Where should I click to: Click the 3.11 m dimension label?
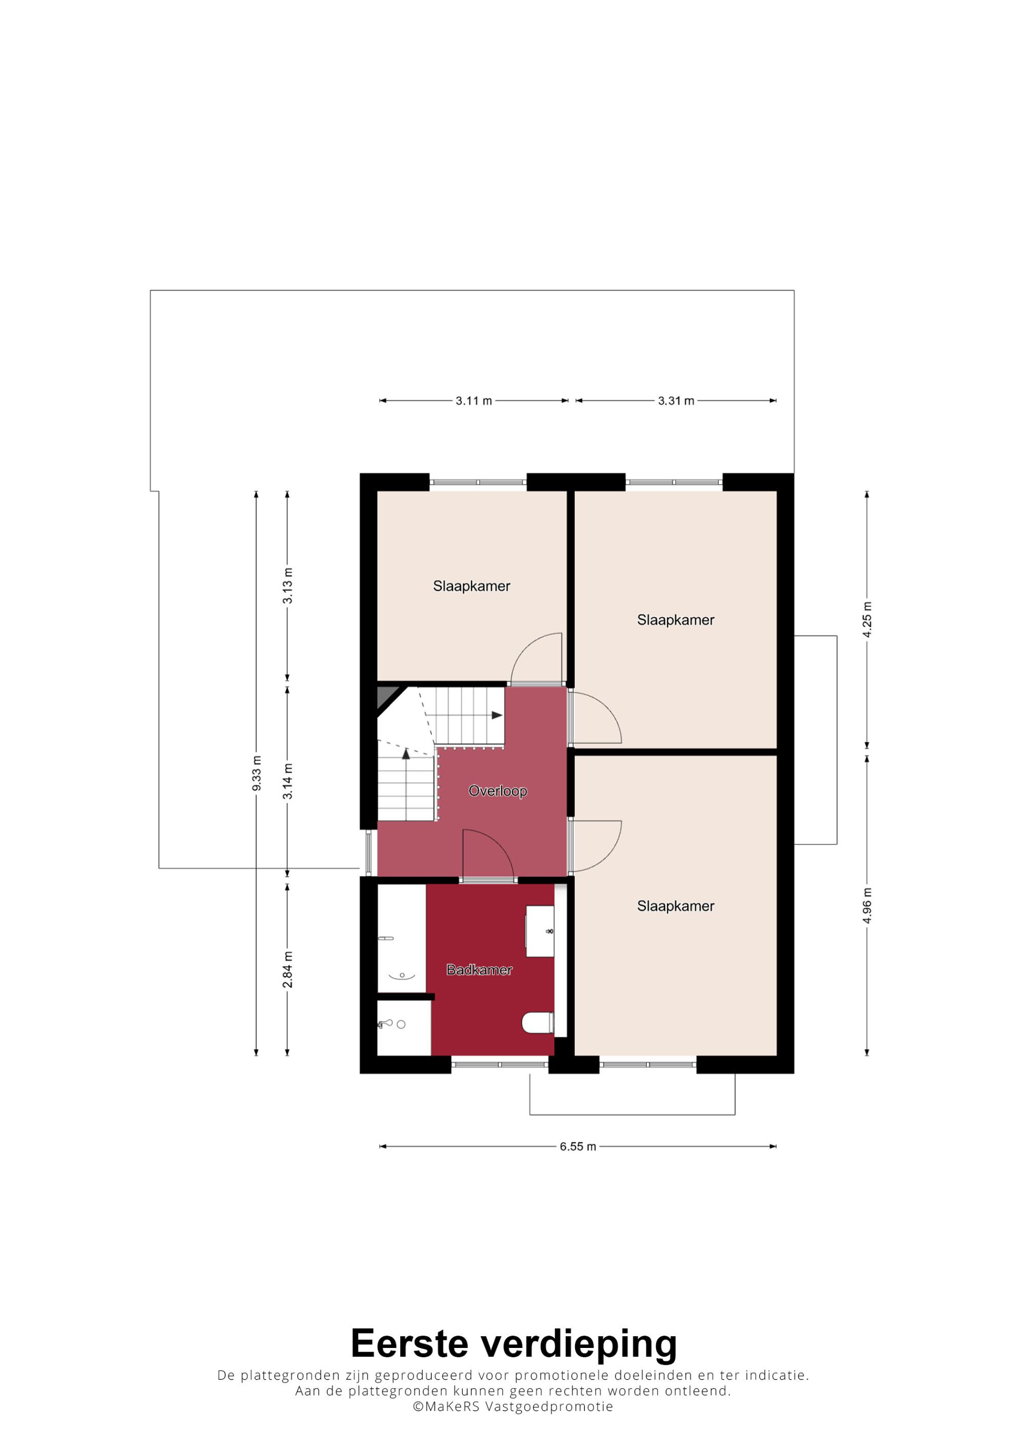pos(473,400)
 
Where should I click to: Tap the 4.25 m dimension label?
pos(866,619)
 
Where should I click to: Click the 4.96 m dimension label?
pos(866,905)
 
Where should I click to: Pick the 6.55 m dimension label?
pos(578,1146)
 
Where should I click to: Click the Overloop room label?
pos(498,791)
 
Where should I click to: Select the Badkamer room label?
pos(479,970)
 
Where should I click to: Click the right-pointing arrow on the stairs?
pos(497,715)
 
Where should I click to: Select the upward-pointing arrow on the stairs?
pos(406,753)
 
